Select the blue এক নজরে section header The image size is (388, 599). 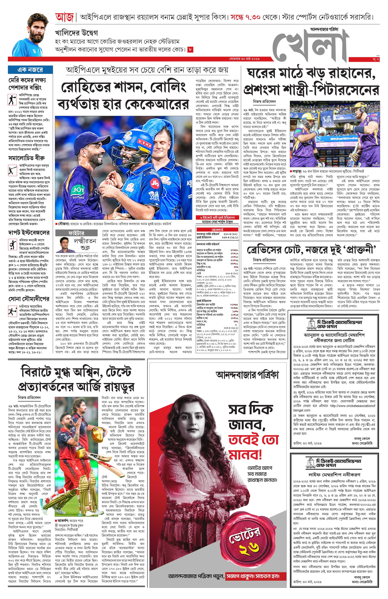(30, 70)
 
